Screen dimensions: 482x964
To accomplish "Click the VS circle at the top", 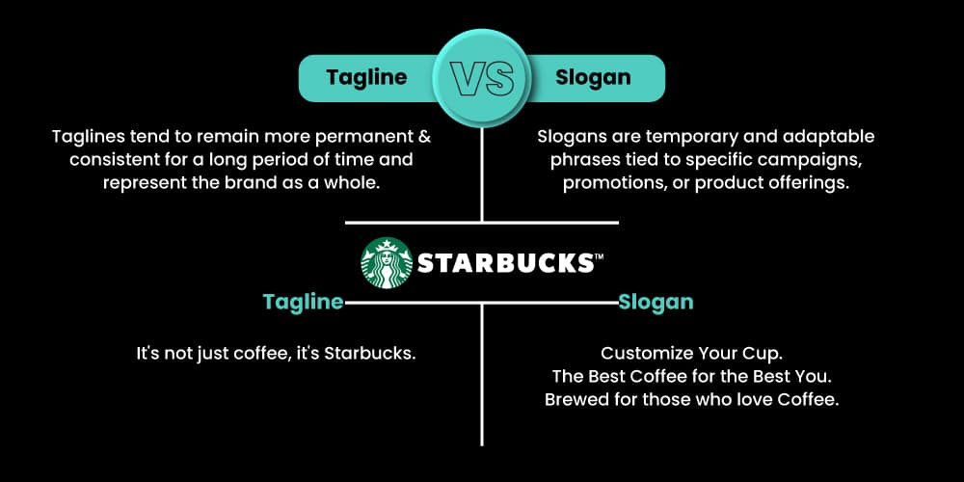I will pyautogui.click(x=483, y=77).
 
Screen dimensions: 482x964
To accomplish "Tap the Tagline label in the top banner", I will pyautogui.click(x=365, y=78).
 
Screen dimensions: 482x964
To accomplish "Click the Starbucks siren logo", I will pyautogui.click(x=386, y=262).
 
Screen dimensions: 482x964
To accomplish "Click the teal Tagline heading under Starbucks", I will pyautogui.click(x=303, y=302).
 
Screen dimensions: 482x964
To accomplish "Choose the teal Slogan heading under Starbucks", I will pyautogui.click(x=656, y=302).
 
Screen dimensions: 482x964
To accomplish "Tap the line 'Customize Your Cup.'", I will pyautogui.click(x=691, y=354).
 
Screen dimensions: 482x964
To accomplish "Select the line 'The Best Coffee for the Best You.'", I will pyautogui.click(x=691, y=376).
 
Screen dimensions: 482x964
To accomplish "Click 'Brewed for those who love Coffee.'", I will pyautogui.click(x=691, y=399).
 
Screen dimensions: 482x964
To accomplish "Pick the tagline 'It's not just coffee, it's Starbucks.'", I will pyautogui.click(x=276, y=354).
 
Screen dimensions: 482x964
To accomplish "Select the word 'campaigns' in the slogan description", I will pyautogui.click(x=806, y=159).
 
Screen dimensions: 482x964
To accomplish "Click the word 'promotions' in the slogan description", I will pyautogui.click(x=613, y=182).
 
